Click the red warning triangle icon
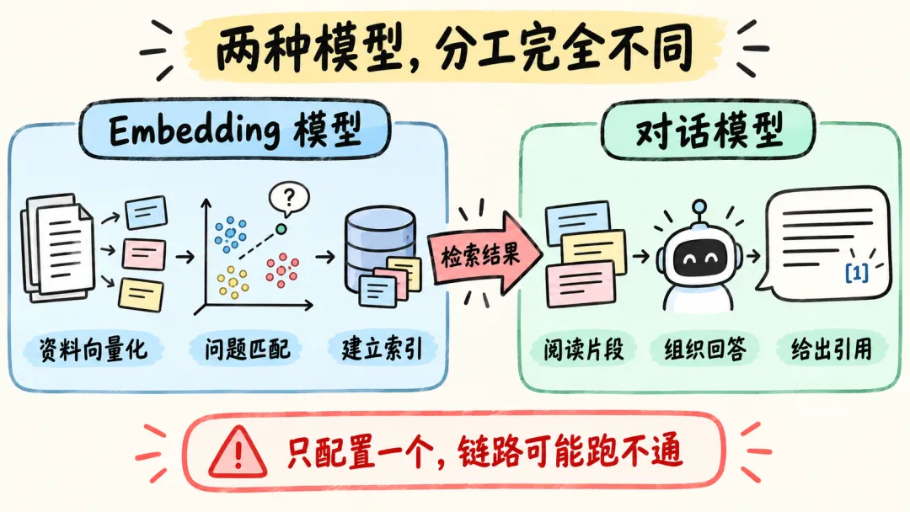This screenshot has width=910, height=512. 238,453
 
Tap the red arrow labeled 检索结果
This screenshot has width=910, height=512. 485,253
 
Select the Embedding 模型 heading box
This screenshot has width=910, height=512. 235,130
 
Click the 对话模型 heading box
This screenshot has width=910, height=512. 709,131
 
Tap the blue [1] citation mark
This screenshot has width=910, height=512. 857,272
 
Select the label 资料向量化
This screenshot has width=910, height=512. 93,349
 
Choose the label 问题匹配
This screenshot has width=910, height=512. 247,349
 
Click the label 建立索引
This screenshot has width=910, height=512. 382,349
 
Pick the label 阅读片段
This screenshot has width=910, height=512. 583,349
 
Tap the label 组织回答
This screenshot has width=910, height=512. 705,349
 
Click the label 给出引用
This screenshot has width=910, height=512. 832,349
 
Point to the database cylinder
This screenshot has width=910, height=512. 380,249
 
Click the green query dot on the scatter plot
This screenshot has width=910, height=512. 281,229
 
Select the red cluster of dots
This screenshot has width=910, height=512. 282,270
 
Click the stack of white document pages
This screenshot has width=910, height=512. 57,248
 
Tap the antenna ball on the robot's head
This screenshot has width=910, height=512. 699,205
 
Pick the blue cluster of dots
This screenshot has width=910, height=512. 230,234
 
